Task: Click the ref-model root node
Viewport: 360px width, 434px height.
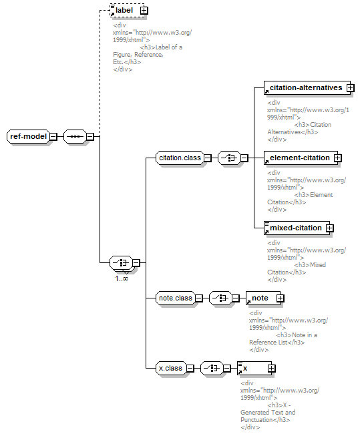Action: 28,136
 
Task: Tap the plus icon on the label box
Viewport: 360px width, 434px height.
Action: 144,11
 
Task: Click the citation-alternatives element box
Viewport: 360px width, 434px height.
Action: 307,88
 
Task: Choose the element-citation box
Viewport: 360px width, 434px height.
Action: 301,158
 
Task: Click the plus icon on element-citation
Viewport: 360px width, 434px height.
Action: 337,158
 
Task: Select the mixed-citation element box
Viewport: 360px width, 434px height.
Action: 297,228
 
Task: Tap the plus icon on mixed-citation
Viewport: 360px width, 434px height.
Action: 329,228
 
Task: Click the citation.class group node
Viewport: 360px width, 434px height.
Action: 180,158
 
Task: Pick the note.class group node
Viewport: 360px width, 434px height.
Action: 176,298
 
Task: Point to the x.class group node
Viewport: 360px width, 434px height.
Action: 171,369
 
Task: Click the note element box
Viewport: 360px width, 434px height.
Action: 263,298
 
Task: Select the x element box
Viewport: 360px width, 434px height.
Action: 254,369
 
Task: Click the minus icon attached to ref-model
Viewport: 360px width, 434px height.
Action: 53,136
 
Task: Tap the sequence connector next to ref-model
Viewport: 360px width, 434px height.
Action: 75,136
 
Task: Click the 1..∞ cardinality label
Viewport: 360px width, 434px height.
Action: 122,278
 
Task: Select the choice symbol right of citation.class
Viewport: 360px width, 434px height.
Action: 229,158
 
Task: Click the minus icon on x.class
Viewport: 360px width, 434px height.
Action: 190,369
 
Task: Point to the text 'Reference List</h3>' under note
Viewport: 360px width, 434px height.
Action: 277,343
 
